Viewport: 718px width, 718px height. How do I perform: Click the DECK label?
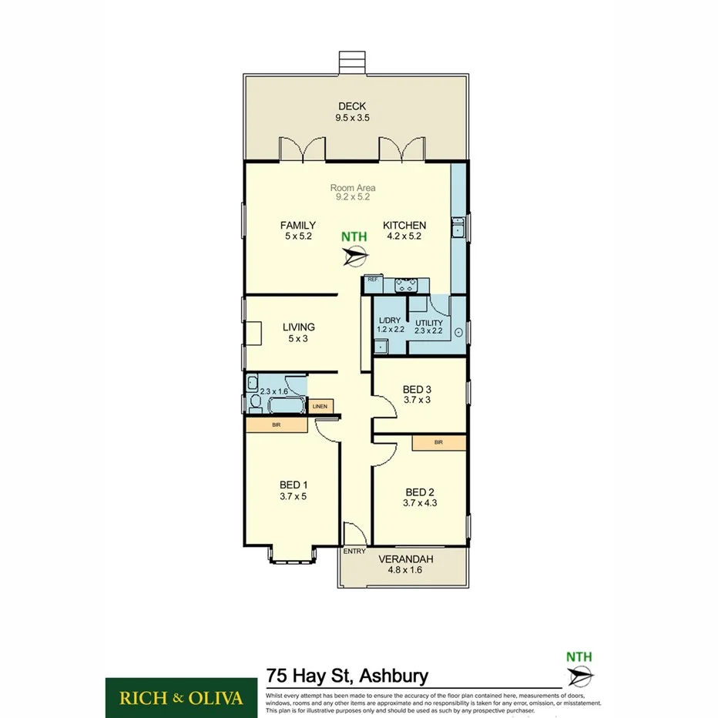[351, 107]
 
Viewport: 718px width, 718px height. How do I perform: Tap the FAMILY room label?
[297, 226]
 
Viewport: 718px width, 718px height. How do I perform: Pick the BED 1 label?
[294, 485]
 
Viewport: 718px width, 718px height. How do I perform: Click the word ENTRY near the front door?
[354, 551]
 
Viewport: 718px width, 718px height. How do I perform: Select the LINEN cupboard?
[320, 406]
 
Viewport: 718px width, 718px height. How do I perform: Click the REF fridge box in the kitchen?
[373, 280]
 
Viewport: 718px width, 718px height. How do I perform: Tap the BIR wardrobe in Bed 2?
[439, 442]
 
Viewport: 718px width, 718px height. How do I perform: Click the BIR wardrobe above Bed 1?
[276, 424]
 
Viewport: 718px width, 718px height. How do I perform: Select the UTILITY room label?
[429, 324]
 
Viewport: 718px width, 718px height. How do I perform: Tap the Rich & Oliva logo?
[181, 698]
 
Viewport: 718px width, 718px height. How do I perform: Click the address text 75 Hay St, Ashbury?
[347, 676]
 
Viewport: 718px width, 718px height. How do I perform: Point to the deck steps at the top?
[354, 62]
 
